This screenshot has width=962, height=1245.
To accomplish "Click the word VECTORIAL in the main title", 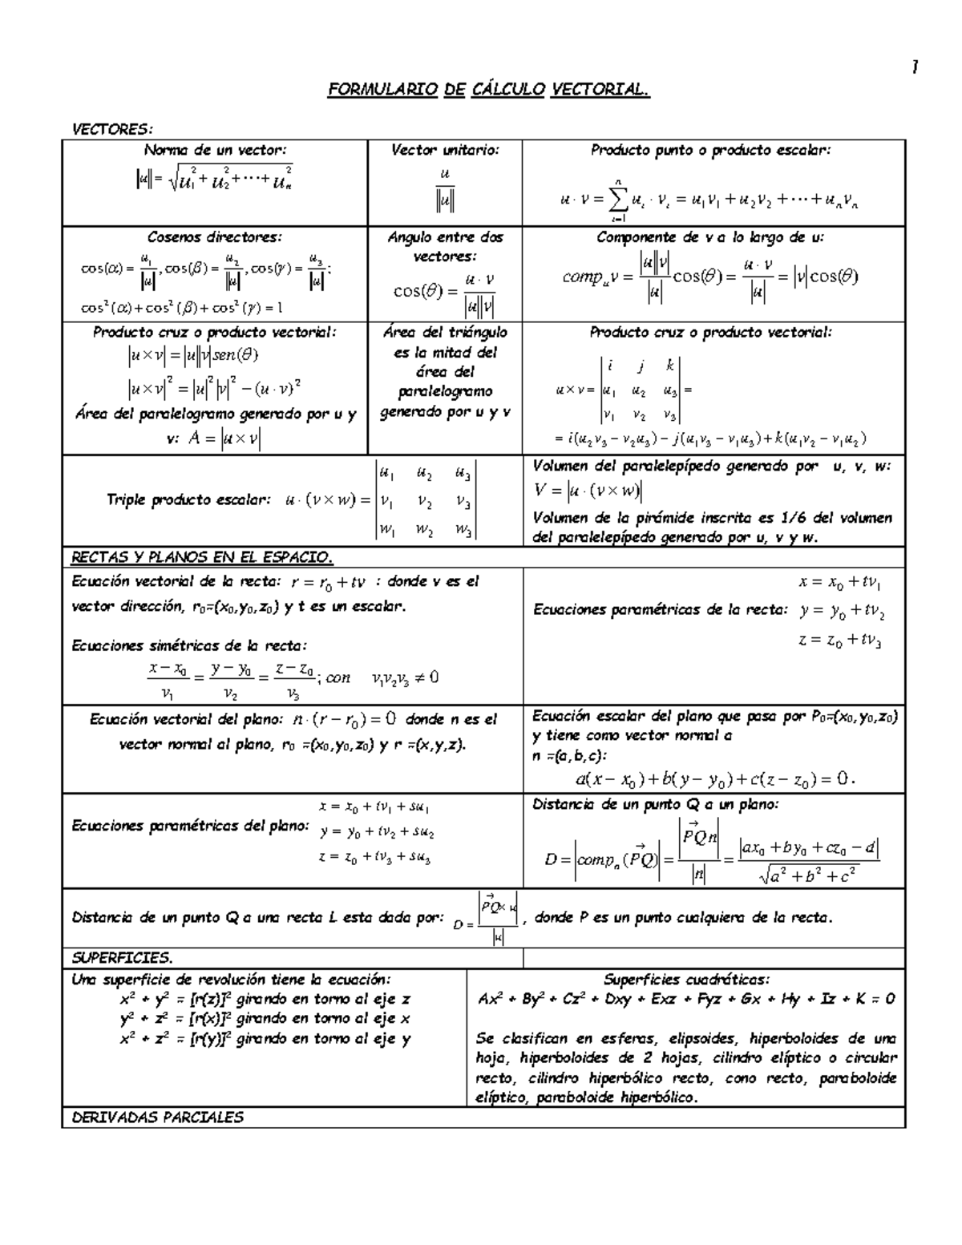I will pos(600,90).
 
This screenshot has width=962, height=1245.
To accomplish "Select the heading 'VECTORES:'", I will pos(112,129).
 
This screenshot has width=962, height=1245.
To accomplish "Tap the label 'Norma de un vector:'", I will pos(214,150).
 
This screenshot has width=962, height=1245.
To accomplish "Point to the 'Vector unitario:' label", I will pos(445,150).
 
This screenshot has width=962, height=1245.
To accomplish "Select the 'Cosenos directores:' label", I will pos(214,237).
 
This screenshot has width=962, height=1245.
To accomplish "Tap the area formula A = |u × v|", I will pos(224,439).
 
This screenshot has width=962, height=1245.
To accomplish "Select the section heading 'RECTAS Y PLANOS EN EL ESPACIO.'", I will pos(202,557).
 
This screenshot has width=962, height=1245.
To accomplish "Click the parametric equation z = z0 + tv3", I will pos(840,641).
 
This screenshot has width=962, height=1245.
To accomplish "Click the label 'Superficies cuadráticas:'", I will pos(686,980).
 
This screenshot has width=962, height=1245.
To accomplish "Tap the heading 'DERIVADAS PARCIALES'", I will pos(157,1118).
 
